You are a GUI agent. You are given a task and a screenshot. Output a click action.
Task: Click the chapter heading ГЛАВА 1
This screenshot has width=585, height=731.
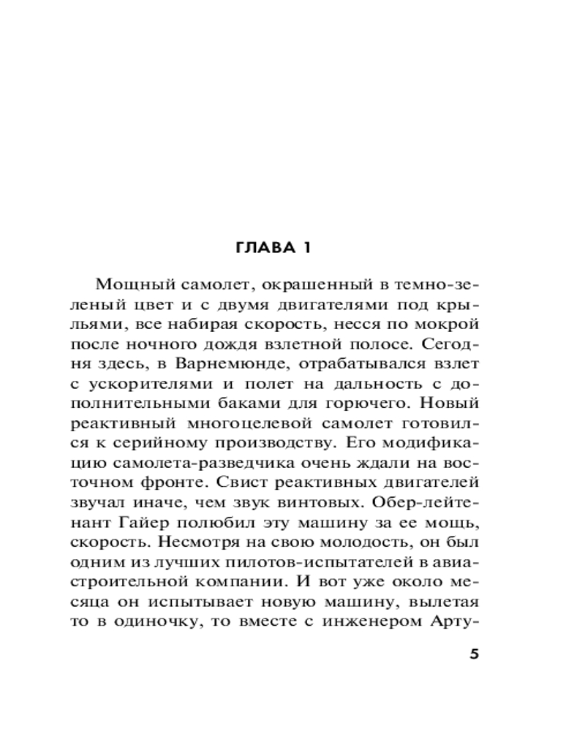273,248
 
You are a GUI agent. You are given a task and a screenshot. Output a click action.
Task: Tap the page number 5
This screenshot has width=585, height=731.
473,654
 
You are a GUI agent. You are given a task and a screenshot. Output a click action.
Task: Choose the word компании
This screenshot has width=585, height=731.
249,582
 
